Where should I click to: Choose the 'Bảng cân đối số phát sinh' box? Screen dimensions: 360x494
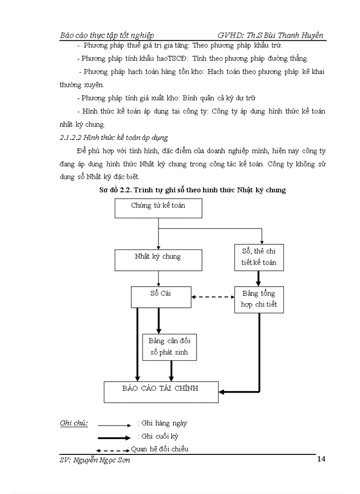click(x=169, y=346)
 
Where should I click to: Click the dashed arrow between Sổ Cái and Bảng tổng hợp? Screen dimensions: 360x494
click(x=212, y=296)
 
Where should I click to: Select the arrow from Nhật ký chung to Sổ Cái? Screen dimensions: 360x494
click(x=158, y=278)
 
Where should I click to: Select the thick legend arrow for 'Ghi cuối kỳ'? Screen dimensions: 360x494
click(x=114, y=438)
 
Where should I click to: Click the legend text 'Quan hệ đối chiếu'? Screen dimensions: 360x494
click(x=159, y=449)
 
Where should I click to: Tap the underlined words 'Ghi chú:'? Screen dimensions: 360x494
click(x=74, y=424)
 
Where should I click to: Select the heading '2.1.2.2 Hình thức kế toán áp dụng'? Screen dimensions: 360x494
click(x=114, y=138)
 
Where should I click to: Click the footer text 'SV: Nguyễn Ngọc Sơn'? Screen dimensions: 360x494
click(x=95, y=460)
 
